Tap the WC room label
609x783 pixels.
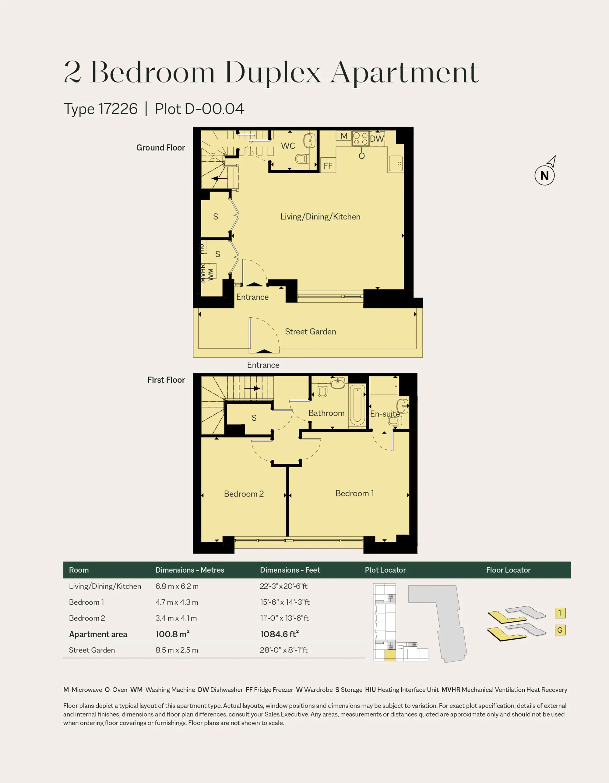point(288,146)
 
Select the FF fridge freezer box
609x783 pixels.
point(328,165)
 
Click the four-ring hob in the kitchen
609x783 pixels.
point(360,139)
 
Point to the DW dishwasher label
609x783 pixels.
point(377,139)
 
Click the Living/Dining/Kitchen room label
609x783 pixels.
point(320,216)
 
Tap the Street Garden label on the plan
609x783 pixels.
point(311,332)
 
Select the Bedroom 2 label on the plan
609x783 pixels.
point(244,494)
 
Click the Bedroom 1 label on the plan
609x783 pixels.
point(355,493)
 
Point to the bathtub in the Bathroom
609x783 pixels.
point(357,405)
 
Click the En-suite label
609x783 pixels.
point(385,414)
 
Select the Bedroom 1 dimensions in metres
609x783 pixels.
point(177,602)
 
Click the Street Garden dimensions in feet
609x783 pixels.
point(284,650)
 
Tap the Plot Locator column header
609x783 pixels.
point(385,570)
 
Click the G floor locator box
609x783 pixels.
point(560,630)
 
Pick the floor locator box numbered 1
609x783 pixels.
point(560,613)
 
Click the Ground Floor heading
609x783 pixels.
point(161,148)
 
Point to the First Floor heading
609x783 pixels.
point(166,380)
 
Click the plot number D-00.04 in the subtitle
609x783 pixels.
point(214,109)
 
